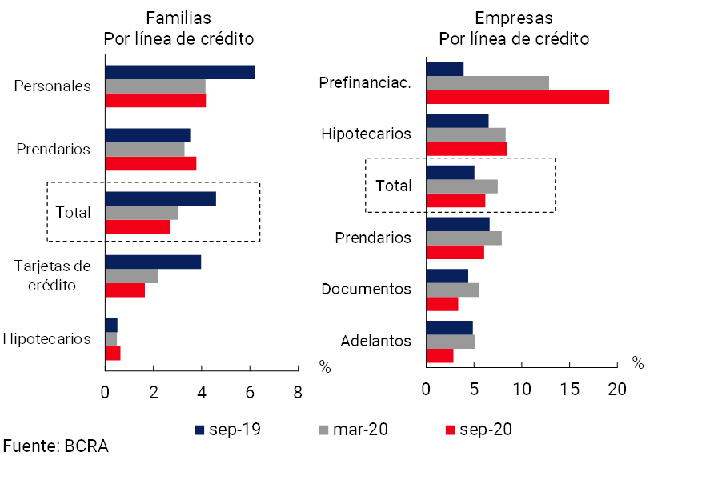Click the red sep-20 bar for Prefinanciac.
517,97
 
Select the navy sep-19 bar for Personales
179,72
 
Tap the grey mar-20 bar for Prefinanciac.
487,82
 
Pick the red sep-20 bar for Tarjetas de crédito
125,290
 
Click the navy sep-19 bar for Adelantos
449,327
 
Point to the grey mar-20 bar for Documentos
452,290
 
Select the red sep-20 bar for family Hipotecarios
113,353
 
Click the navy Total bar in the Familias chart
160,198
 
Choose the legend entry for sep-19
227,430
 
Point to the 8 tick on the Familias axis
298,391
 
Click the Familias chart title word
178,18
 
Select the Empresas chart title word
513,18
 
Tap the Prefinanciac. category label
365,82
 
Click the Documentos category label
366,289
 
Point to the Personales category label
53,86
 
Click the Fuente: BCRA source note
55,446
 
